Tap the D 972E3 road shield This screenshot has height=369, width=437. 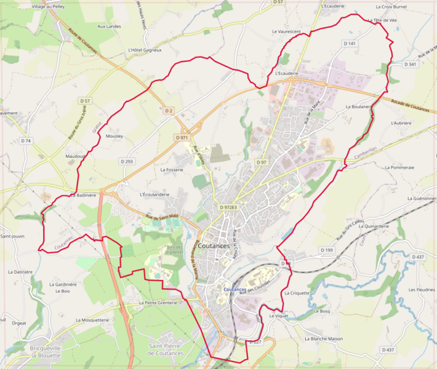click(228, 207)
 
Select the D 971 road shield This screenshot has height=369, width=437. click(182, 138)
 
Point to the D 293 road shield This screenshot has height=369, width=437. click(126, 161)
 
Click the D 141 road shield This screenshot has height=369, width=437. click(349, 44)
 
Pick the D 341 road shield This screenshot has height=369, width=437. click(411, 64)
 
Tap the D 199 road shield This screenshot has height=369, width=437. click(326, 250)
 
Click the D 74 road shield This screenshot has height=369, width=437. click(25, 141)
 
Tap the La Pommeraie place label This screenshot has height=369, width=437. click(399, 167)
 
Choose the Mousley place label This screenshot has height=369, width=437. click(114, 136)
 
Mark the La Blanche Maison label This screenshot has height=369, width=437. click(323, 338)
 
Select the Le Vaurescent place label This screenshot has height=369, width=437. click(286, 31)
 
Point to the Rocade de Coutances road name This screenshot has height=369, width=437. click(409, 105)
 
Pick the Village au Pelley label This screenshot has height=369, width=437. click(48, 6)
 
